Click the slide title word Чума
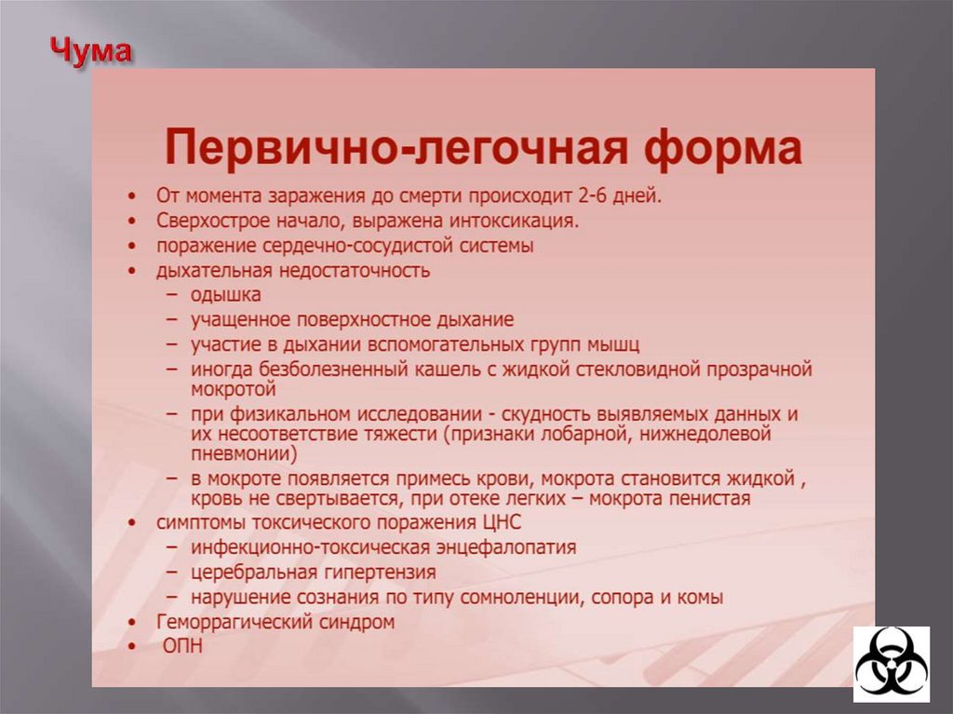click(90, 53)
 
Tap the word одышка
click(226, 295)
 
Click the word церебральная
click(247, 572)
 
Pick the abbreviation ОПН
click(183, 645)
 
